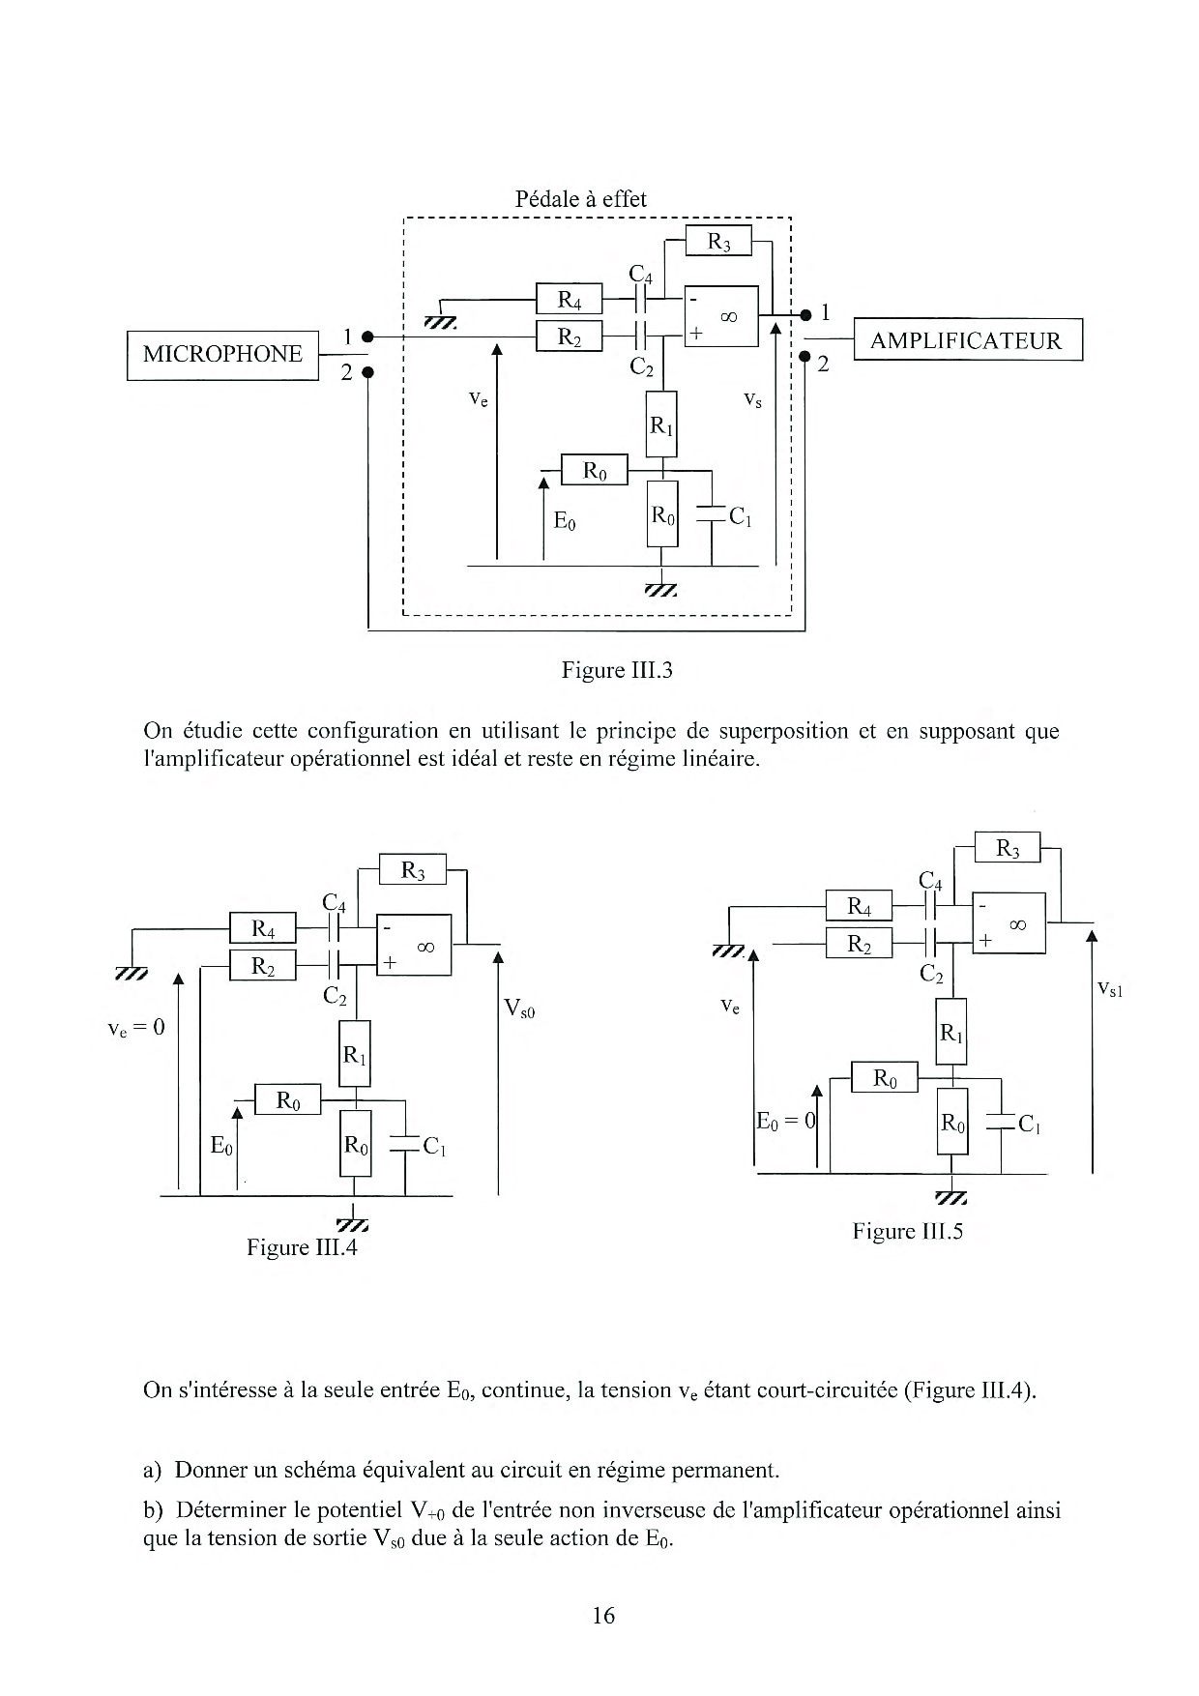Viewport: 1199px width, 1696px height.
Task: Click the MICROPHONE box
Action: point(222,355)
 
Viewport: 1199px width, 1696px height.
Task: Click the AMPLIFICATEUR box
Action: point(966,340)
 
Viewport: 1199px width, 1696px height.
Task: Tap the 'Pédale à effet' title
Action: point(580,199)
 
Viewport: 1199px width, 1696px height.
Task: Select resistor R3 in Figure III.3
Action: point(718,241)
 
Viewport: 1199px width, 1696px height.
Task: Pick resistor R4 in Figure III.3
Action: point(570,300)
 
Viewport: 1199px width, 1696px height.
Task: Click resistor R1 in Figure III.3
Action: point(661,424)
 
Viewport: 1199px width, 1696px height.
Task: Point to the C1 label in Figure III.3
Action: point(740,516)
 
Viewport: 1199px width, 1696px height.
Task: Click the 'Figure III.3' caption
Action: point(616,670)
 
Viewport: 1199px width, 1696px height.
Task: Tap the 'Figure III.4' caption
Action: point(302,1247)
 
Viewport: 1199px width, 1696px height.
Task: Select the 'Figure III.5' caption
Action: point(908,1231)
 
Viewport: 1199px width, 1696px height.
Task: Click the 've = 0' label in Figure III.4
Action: point(136,1027)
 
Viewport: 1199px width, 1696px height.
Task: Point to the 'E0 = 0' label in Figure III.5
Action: point(786,1122)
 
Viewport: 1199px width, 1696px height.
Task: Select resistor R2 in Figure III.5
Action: point(859,944)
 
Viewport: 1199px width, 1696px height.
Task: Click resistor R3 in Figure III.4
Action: point(413,870)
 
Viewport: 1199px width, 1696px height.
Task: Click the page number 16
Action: point(602,1616)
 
